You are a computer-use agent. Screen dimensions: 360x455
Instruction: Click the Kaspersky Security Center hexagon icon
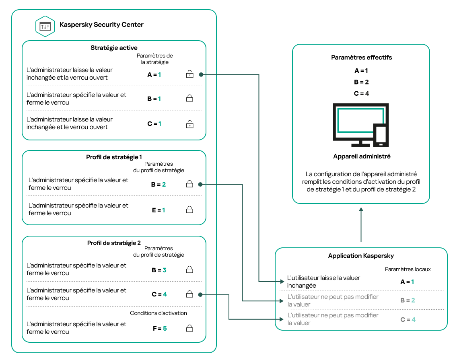(45, 26)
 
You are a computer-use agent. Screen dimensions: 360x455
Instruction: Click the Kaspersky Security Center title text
(101, 25)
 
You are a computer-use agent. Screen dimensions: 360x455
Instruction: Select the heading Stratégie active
(114, 48)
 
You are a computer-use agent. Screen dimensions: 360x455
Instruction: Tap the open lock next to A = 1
(189, 74)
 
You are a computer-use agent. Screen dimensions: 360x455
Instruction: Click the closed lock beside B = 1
(189, 99)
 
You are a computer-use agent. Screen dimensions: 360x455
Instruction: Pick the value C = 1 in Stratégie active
(154, 124)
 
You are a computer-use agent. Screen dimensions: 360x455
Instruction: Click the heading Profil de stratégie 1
(114, 157)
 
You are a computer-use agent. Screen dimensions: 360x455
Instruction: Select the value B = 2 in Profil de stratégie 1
(158, 185)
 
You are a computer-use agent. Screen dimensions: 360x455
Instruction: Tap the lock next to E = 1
(189, 210)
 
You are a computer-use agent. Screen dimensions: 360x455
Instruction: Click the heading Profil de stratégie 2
(114, 243)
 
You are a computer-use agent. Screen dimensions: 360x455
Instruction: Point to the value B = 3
(159, 270)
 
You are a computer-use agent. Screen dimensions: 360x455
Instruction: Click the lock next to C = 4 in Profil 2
(189, 294)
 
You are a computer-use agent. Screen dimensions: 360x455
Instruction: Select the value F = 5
(159, 329)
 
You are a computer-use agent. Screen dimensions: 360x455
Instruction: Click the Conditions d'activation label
(158, 313)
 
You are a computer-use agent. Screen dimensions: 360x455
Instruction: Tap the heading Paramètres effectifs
(361, 58)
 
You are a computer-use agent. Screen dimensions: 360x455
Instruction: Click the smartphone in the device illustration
(380, 135)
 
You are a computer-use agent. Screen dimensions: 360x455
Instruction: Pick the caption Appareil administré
(361, 156)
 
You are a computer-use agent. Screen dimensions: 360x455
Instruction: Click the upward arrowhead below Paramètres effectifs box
(361, 210)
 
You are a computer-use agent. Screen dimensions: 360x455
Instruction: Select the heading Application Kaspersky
(361, 256)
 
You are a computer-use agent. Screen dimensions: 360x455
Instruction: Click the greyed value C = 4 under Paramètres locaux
(407, 320)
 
